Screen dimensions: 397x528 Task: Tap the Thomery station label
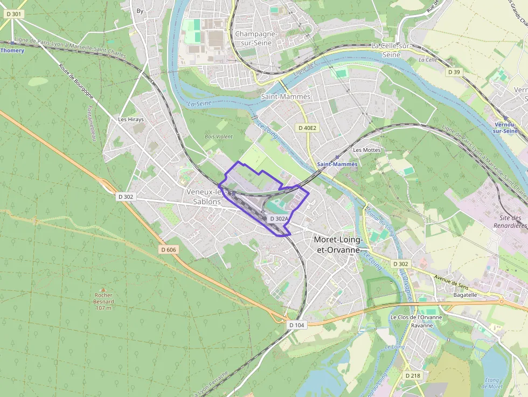point(12,50)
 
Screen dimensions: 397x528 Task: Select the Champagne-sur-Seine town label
point(256,38)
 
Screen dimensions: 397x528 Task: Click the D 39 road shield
point(454,72)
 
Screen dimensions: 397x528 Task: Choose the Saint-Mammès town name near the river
point(286,96)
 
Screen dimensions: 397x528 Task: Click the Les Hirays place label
point(131,120)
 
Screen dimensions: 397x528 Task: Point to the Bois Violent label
point(218,137)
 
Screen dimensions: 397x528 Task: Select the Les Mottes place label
point(366,150)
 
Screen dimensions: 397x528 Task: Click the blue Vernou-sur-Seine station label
point(505,128)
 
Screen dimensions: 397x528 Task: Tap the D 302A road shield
point(279,219)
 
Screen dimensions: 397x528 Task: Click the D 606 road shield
point(169,249)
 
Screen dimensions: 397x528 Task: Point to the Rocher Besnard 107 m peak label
point(103,301)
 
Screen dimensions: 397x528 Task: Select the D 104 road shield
point(296,325)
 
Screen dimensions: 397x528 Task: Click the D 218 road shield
point(413,375)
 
